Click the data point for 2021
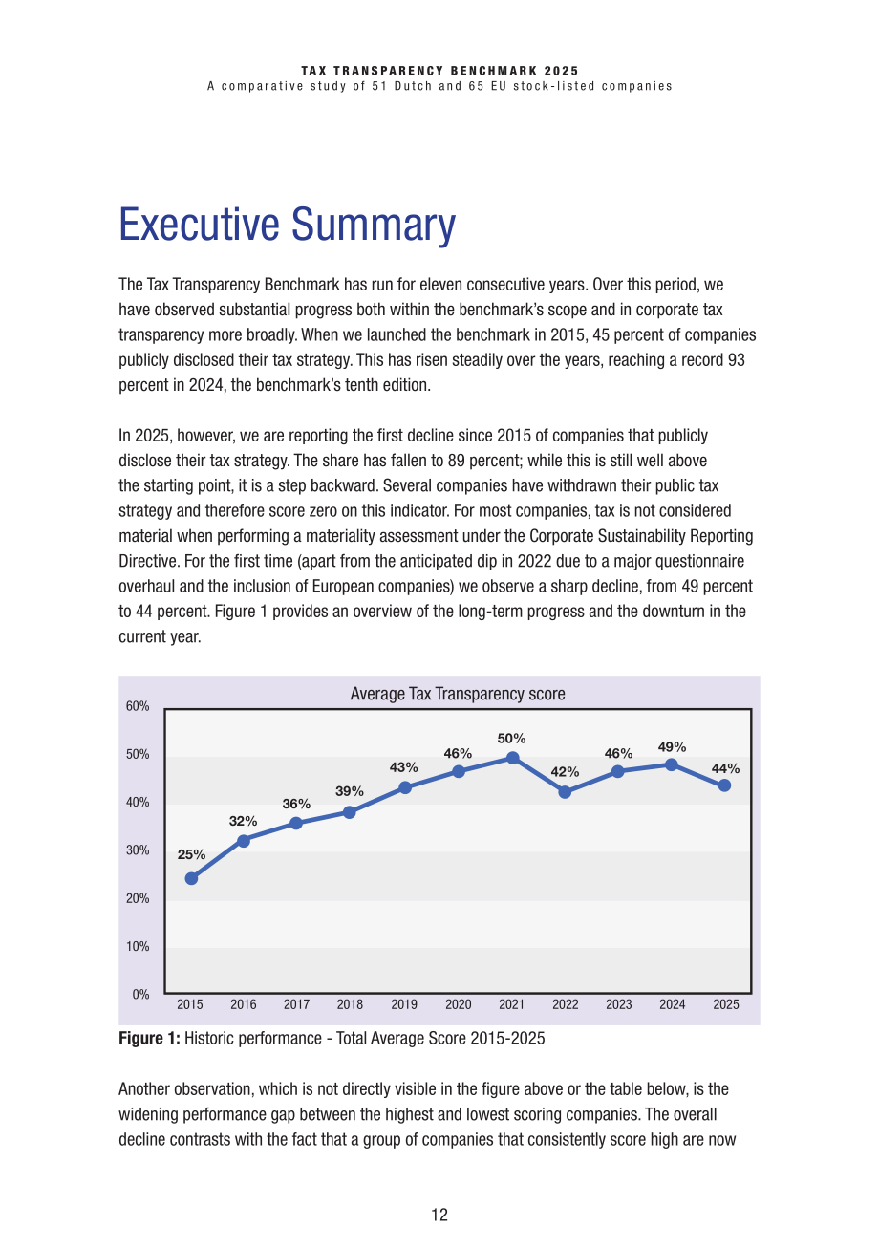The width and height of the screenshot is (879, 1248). click(x=513, y=758)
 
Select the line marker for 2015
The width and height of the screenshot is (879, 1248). click(x=191, y=878)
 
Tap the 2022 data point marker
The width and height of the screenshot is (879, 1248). click(x=565, y=791)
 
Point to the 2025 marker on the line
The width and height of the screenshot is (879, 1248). click(x=724, y=785)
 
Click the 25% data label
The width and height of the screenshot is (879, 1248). click(x=191, y=854)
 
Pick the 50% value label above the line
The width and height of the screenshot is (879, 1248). click(x=511, y=739)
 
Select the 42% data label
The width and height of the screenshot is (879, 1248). click(x=565, y=772)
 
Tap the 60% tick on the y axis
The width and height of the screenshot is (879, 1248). click(x=138, y=706)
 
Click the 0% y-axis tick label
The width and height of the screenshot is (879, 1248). click(x=141, y=994)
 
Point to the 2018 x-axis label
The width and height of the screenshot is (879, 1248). click(x=350, y=1004)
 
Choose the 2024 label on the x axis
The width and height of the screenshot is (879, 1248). click(x=673, y=1004)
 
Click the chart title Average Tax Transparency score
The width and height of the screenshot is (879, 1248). click(x=458, y=694)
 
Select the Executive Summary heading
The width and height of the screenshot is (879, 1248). click(x=288, y=224)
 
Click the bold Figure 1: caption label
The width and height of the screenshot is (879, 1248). click(x=149, y=1039)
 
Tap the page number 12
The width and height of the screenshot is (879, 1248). click(x=439, y=1215)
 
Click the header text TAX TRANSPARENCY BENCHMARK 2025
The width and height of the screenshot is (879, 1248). click(x=440, y=71)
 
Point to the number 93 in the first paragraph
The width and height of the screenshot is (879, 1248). click(x=737, y=360)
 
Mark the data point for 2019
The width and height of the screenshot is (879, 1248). click(x=405, y=787)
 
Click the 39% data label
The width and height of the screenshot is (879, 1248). click(x=350, y=791)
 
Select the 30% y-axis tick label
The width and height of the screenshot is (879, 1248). click(x=138, y=850)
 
